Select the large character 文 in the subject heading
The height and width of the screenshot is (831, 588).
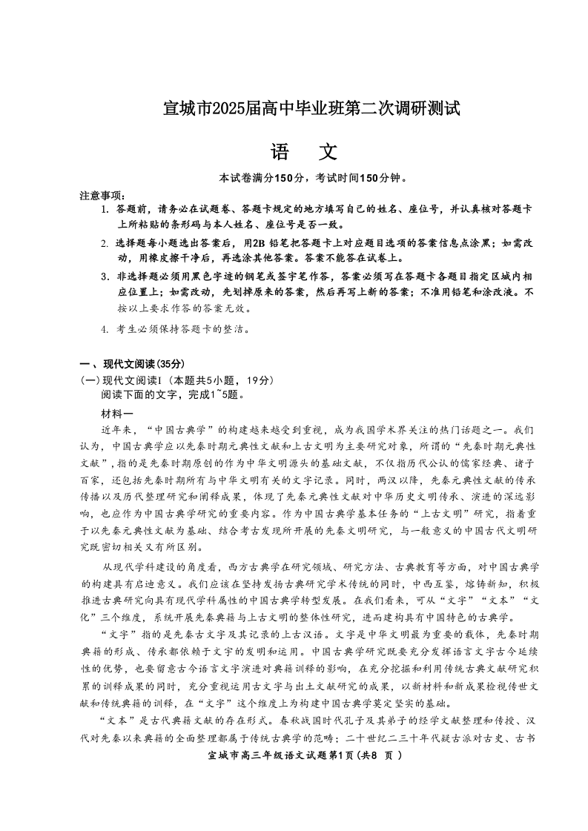327,152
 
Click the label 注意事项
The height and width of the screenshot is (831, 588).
101,195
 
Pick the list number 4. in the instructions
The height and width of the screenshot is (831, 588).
105,328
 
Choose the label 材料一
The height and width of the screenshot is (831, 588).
117,413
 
